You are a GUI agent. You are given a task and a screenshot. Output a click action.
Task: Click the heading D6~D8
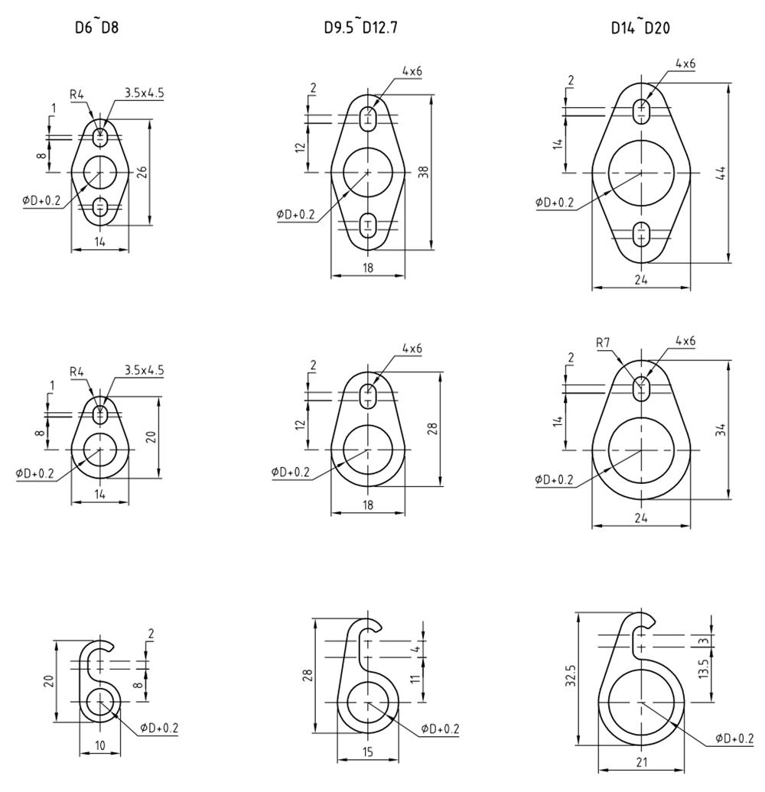click(96, 27)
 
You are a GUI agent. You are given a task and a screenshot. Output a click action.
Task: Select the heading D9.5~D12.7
click(361, 27)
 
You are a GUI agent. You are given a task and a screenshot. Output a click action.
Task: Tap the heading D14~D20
click(640, 27)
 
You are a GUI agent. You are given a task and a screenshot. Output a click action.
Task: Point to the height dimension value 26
click(142, 172)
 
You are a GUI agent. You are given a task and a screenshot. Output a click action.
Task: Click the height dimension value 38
click(424, 172)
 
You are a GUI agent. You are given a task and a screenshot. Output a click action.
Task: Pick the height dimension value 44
click(721, 173)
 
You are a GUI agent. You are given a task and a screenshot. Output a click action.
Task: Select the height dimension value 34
click(721, 430)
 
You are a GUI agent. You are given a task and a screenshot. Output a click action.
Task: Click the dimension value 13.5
click(705, 667)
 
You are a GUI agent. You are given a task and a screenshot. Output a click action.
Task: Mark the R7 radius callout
click(604, 343)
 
